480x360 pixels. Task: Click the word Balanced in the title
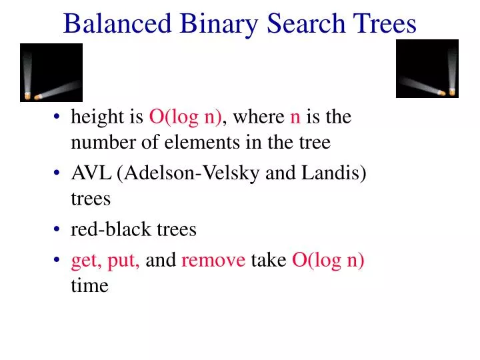pos(118,24)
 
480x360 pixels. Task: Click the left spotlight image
pos(51,73)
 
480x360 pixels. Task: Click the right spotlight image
pos(427,69)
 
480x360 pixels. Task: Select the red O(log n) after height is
pos(185,117)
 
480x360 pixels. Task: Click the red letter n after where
pos(295,118)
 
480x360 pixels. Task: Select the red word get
pos(84,260)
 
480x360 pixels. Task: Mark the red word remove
pos(213,260)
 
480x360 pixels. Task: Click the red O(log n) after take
pos(329,260)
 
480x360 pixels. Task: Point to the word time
pos(89,285)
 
